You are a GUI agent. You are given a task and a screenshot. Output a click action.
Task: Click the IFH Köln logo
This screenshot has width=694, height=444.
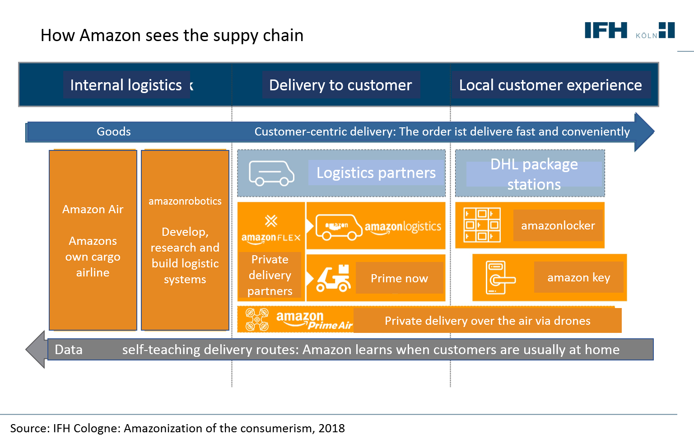pos(629,31)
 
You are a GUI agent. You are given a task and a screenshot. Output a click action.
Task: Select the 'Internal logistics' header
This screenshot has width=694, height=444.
pos(126,85)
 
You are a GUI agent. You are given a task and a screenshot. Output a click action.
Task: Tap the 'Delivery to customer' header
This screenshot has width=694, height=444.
pos(340,85)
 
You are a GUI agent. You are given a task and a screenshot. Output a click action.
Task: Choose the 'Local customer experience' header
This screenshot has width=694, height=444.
pos(550,85)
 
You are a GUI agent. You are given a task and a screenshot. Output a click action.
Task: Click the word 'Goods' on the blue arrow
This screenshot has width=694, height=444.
pos(114,131)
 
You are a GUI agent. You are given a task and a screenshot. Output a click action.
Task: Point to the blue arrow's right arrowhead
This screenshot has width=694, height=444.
pos(644,132)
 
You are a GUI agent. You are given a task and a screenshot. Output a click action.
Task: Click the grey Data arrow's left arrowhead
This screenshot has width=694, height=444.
pos(36,349)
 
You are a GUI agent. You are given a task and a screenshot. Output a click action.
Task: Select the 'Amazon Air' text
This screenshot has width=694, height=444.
pos(93,209)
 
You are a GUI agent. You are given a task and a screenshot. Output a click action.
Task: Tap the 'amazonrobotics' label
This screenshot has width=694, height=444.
pos(185,201)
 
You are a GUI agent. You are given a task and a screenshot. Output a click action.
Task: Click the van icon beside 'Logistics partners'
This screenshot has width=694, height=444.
pos(271,173)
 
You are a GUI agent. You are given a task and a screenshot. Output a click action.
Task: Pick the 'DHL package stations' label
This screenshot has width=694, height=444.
pos(534,174)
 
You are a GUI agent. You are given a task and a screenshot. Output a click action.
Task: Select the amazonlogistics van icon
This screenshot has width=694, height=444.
pos(339,226)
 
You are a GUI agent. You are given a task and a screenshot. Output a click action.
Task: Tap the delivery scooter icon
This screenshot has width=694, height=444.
pos(334,278)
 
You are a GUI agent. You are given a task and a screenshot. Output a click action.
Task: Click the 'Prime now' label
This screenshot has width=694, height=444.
pos(399,278)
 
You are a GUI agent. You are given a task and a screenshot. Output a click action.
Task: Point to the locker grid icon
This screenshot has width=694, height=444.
pos(482,225)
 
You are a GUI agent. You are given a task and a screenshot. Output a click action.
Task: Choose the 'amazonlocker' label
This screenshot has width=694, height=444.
pos(558,225)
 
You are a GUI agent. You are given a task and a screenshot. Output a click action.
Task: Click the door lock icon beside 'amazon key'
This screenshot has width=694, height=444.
pos(499,278)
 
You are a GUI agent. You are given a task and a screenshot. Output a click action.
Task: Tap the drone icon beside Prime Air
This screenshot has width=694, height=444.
pos(257,319)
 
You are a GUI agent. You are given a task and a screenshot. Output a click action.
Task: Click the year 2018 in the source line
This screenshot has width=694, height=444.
pos(331,428)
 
